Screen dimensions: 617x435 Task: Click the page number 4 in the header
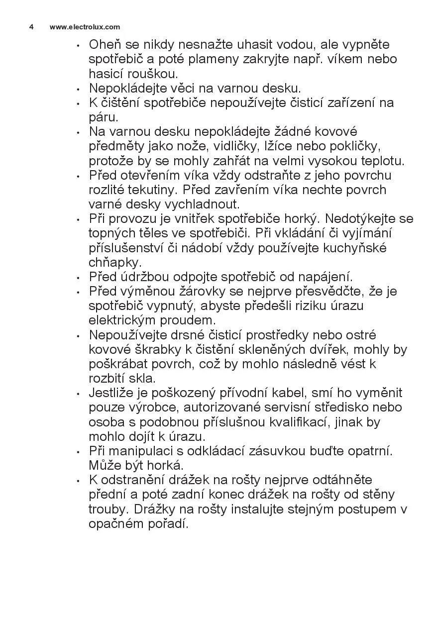tap(31, 27)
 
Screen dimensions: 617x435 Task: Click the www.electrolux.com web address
tap(85, 27)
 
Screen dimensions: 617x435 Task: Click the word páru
tap(103, 118)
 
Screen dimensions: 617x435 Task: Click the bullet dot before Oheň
tap(78, 46)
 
